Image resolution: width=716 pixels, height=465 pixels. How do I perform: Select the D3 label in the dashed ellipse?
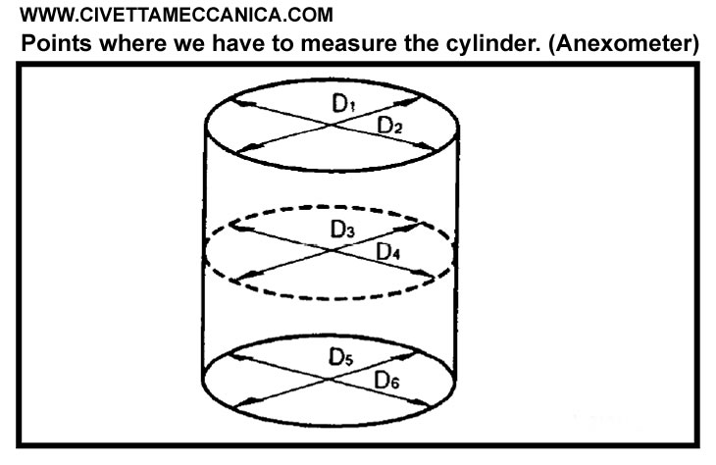[x=342, y=231]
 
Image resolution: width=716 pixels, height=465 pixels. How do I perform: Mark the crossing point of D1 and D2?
[x=333, y=125]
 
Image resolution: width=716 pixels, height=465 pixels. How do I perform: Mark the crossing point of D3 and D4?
[x=333, y=251]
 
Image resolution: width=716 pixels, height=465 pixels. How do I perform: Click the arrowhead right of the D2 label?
[x=429, y=148]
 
